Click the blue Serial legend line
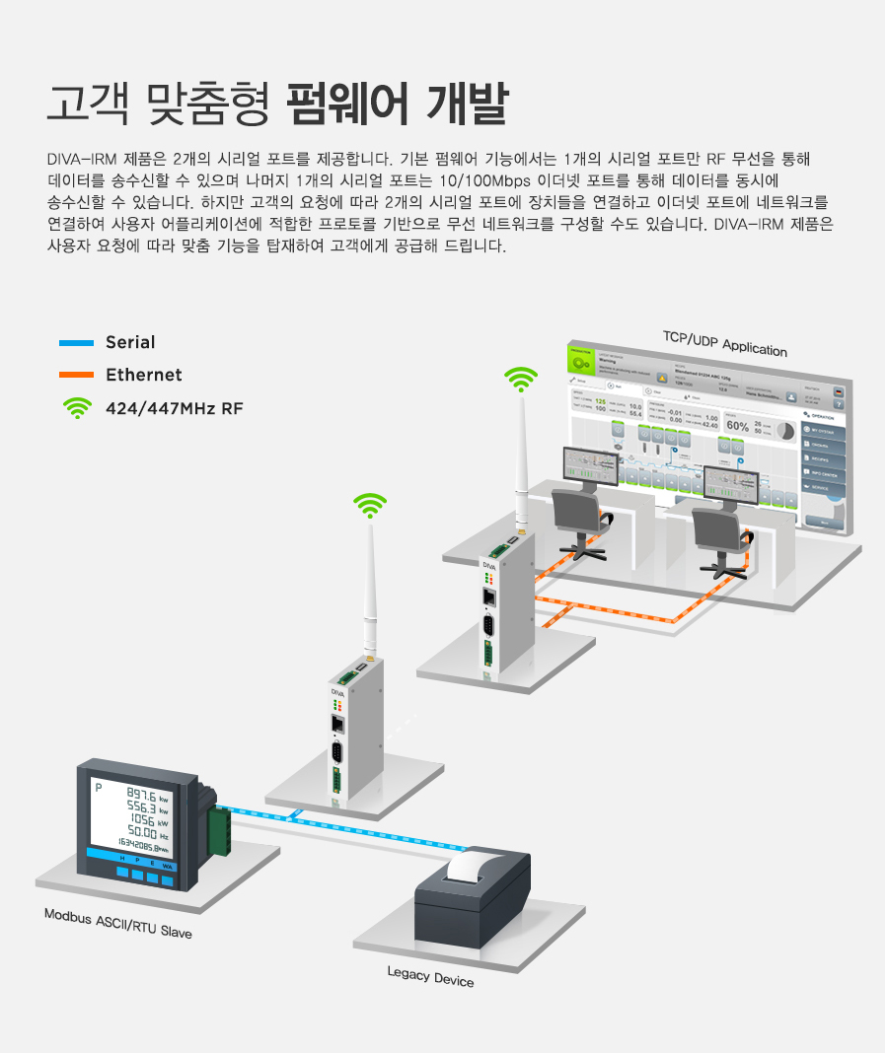[x=76, y=343]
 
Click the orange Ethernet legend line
[x=76, y=376]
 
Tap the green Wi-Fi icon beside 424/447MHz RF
[x=76, y=408]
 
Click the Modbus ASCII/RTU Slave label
[x=117, y=923]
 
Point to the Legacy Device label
[x=430, y=976]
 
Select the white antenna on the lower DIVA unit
[x=371, y=592]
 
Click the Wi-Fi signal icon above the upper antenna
[x=521, y=379]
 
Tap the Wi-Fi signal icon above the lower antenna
[x=371, y=506]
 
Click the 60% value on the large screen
[x=737, y=426]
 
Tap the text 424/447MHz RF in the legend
[x=174, y=408]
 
